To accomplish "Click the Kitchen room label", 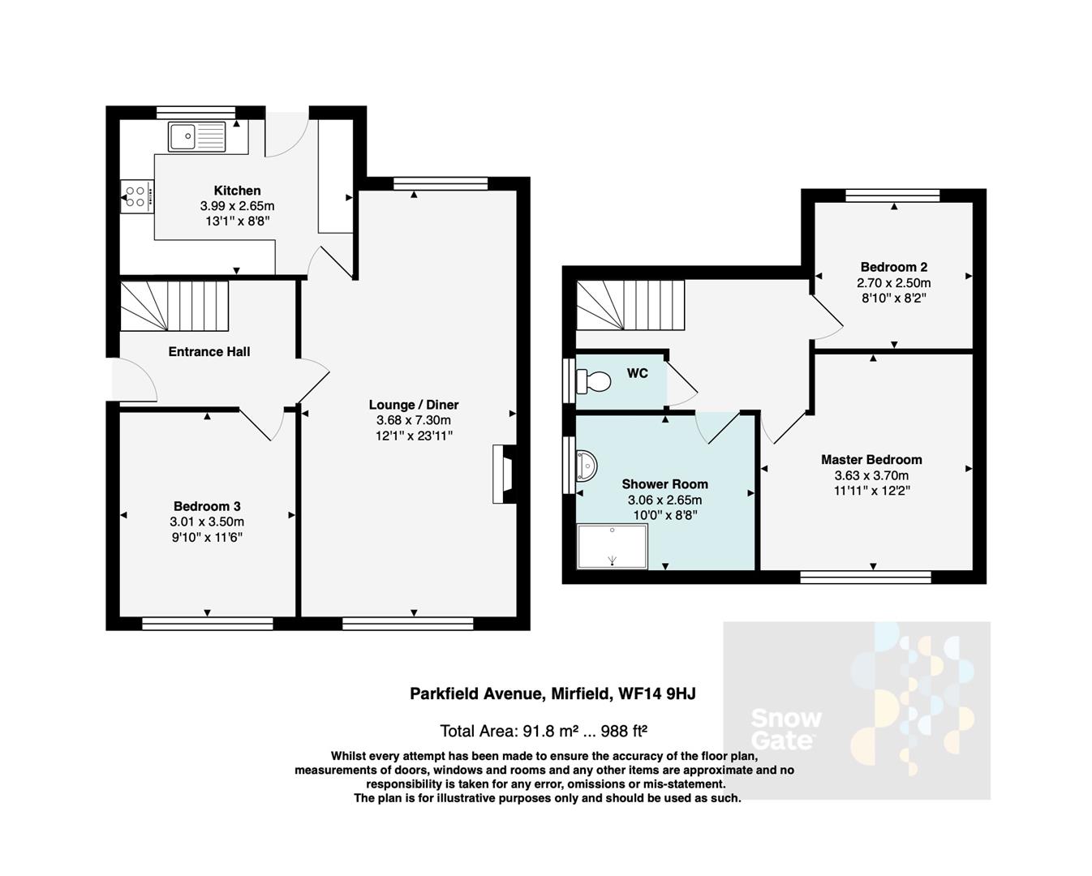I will [237, 191].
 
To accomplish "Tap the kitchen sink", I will [197, 136].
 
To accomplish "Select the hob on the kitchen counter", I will [135, 195].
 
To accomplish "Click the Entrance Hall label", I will [209, 351].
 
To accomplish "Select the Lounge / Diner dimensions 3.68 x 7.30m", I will [413, 420].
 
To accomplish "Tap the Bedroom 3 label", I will [206, 506].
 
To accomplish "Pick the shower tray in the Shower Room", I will [612, 546].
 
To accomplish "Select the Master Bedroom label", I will [871, 459].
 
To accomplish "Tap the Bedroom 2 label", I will [893, 267].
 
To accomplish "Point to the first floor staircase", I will [630, 305].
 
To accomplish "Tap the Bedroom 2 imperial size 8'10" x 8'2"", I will [893, 298].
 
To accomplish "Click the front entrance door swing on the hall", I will [135, 381].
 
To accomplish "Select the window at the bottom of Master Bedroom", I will [865, 577].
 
